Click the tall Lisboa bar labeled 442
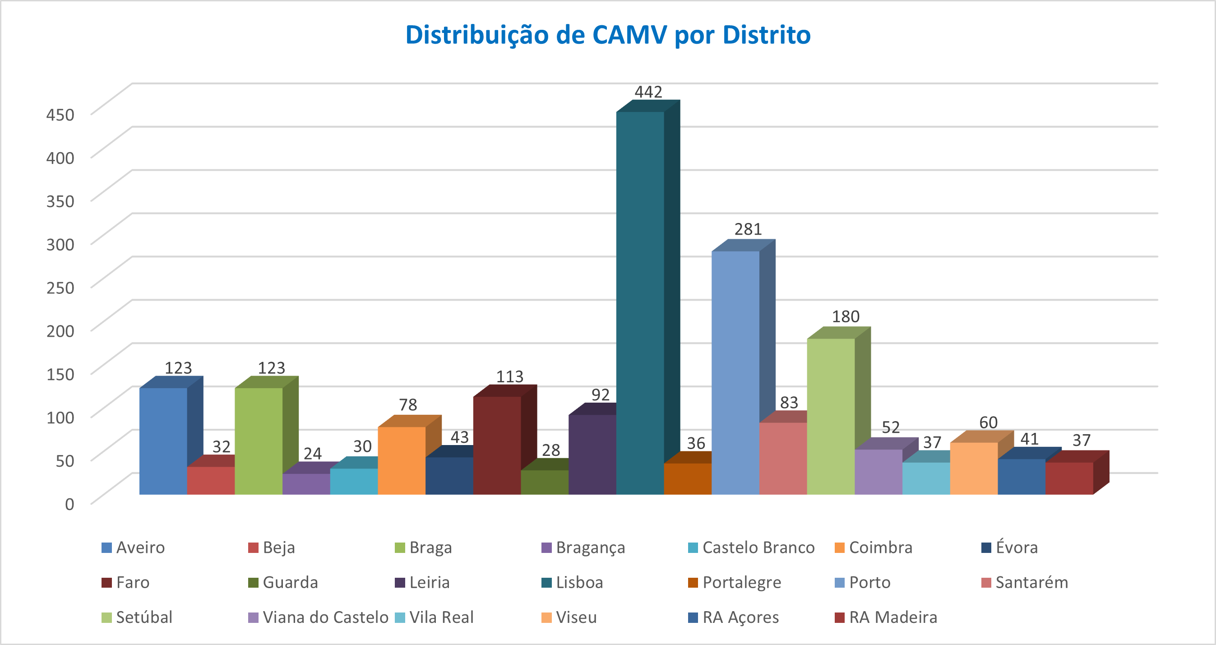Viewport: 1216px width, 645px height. (x=640, y=302)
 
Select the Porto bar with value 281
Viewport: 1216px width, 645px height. (x=735, y=373)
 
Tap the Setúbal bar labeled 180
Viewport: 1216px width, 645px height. (x=831, y=416)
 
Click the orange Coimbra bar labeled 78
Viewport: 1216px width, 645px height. (x=402, y=460)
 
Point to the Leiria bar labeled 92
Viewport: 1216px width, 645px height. (x=592, y=454)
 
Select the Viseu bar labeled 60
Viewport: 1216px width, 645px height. (x=974, y=469)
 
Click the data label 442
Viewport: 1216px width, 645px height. (x=648, y=92)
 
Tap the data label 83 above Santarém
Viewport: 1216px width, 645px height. (x=789, y=402)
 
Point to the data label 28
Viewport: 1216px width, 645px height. (x=550, y=450)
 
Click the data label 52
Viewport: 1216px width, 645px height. (x=891, y=427)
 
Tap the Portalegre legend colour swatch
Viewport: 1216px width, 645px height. (x=693, y=583)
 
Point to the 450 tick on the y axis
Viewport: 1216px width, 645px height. (x=60, y=115)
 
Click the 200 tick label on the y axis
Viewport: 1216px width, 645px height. (x=60, y=331)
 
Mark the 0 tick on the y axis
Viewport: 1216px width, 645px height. (x=69, y=504)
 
